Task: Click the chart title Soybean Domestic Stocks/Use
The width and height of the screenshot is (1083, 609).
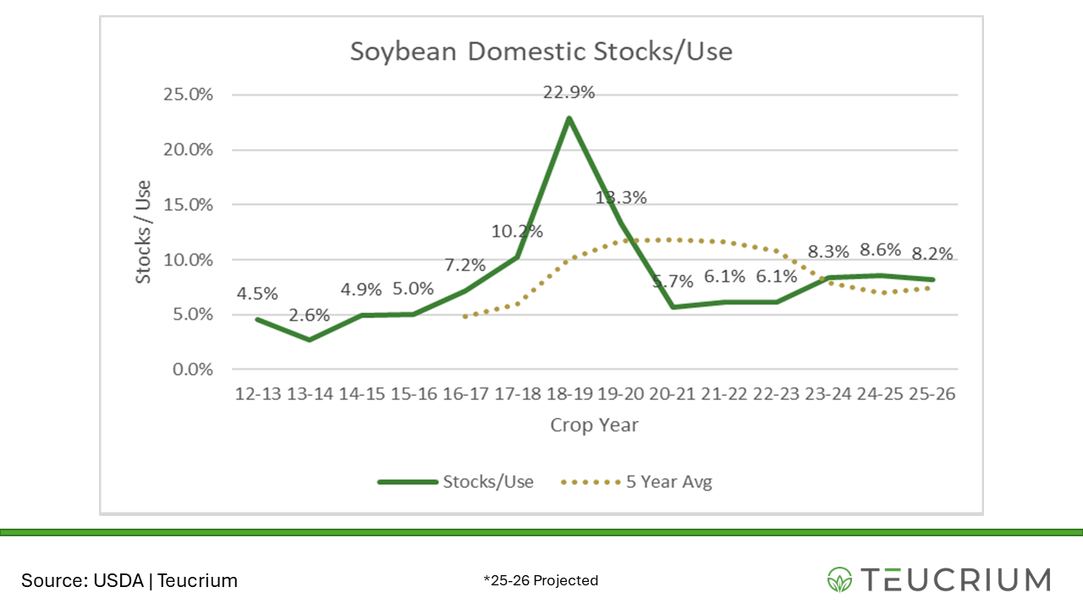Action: (x=541, y=52)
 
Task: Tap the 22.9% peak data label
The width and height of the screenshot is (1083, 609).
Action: (x=569, y=92)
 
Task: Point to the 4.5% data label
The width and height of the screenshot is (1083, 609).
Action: (x=256, y=294)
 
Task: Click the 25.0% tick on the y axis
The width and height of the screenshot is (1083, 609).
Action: (x=188, y=94)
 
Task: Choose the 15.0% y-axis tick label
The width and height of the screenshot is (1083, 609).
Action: (x=188, y=205)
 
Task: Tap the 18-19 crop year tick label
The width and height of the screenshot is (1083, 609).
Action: (x=569, y=395)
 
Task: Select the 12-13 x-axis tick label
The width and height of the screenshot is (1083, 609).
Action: (x=256, y=395)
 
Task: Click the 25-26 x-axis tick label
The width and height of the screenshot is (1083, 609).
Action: (x=932, y=395)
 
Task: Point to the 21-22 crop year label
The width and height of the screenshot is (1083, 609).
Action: (x=724, y=395)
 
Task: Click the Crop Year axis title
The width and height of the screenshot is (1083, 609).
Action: (x=594, y=425)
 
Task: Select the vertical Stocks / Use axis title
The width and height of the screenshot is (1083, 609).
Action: (x=144, y=231)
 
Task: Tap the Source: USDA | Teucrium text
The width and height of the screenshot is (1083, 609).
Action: (x=129, y=581)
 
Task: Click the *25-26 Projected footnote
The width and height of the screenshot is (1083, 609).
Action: (x=541, y=580)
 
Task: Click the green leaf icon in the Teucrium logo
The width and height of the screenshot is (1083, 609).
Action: (x=840, y=579)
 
